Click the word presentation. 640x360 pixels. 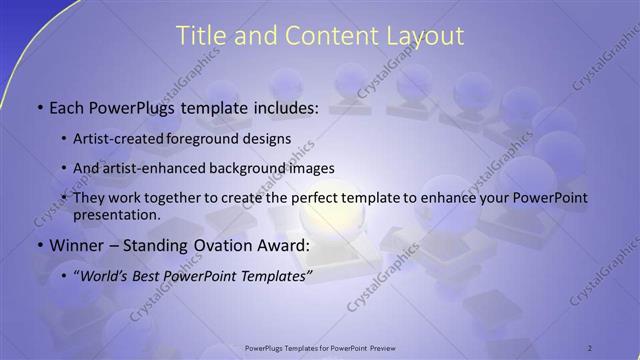(x=116, y=215)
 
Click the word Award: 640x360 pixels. (x=285, y=245)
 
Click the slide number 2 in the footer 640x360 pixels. (x=590, y=347)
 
